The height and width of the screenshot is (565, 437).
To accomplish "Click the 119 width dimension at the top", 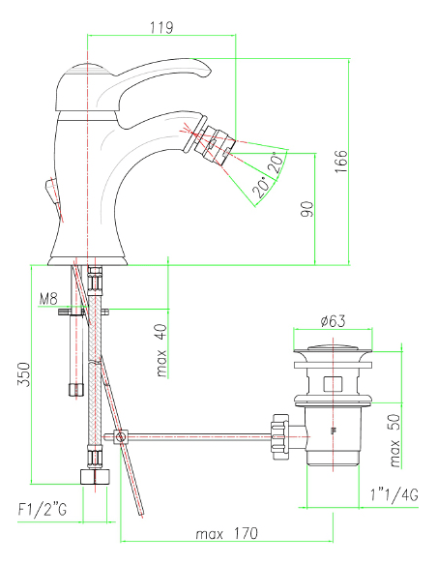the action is [x=161, y=27].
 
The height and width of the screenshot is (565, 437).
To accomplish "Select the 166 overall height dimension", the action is [x=341, y=162].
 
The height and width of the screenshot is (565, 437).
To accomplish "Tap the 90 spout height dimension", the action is [x=307, y=209].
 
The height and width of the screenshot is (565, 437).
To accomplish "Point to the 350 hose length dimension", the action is [x=24, y=374].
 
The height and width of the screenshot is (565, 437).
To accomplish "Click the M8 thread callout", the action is [x=48, y=299].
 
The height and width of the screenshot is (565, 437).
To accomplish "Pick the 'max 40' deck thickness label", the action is [x=162, y=350].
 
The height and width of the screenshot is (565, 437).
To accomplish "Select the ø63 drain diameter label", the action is [x=333, y=320].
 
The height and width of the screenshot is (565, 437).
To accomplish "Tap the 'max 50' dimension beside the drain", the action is [x=395, y=441].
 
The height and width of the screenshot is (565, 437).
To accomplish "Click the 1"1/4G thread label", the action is [x=394, y=495].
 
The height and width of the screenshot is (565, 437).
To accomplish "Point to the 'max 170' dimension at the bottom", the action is [x=227, y=533].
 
